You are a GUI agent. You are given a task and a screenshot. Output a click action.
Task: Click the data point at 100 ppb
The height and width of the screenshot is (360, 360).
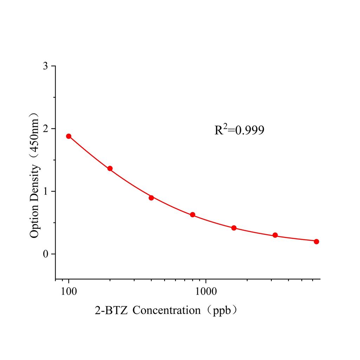(x=69, y=136)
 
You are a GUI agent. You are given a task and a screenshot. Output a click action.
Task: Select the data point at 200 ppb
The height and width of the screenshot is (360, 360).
(x=110, y=169)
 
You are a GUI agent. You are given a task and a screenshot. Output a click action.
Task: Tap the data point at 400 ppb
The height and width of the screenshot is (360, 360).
(x=151, y=198)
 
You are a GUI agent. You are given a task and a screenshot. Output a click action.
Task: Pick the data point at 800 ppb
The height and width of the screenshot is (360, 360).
(x=193, y=215)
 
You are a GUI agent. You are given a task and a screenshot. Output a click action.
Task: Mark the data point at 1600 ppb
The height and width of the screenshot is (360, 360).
(x=234, y=228)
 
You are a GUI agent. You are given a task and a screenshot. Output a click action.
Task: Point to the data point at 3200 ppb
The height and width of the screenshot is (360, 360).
(x=275, y=235)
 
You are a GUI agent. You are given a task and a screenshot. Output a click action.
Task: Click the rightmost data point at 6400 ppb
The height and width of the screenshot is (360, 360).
(x=316, y=242)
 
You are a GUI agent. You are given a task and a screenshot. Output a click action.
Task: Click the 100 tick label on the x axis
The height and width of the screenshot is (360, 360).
(x=69, y=291)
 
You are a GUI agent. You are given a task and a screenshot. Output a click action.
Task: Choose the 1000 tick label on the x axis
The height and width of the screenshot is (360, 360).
(x=206, y=291)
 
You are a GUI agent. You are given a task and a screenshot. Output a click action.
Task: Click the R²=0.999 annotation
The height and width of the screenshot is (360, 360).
(x=239, y=130)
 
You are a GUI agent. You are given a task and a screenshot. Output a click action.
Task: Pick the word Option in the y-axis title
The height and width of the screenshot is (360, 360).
(x=35, y=220)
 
